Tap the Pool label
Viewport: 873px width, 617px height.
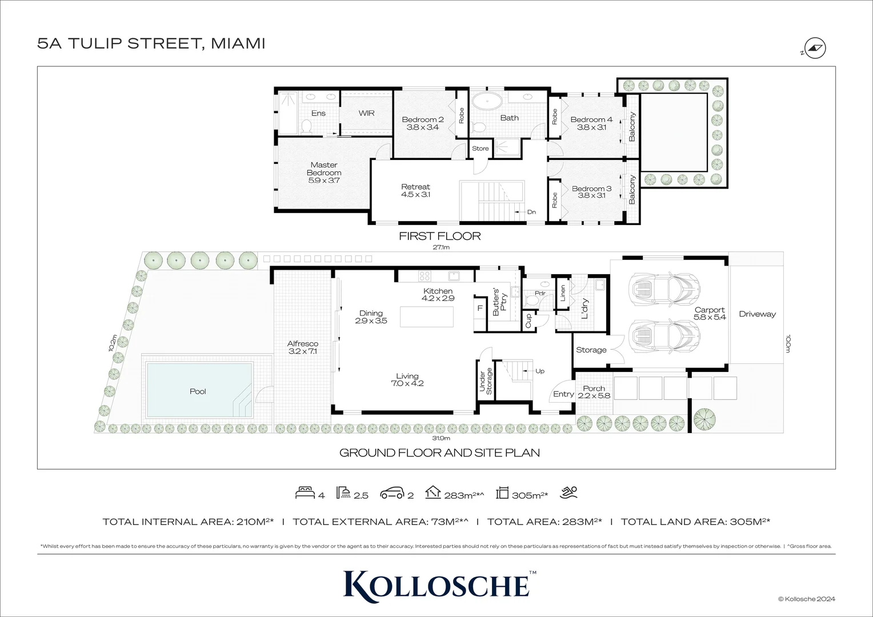(x=198, y=391)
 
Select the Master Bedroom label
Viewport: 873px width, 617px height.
(x=324, y=173)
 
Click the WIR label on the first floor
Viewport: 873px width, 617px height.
(x=366, y=113)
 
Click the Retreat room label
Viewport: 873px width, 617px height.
(x=415, y=190)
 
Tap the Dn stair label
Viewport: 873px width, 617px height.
(x=531, y=212)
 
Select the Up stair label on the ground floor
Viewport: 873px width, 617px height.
(x=539, y=371)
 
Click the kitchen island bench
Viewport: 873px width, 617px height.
(x=426, y=316)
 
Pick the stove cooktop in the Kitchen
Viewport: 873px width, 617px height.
(x=425, y=277)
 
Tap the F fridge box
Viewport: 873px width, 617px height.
(x=479, y=308)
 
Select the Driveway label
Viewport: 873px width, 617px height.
(x=757, y=314)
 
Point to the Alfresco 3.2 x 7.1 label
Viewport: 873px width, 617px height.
(x=302, y=347)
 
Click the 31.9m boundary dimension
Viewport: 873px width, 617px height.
(x=440, y=438)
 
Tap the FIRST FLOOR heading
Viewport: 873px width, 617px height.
(x=439, y=236)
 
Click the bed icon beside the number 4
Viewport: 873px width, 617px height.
(x=304, y=493)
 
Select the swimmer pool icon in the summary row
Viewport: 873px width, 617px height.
(x=570, y=492)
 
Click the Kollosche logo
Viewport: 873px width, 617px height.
(x=436, y=583)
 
